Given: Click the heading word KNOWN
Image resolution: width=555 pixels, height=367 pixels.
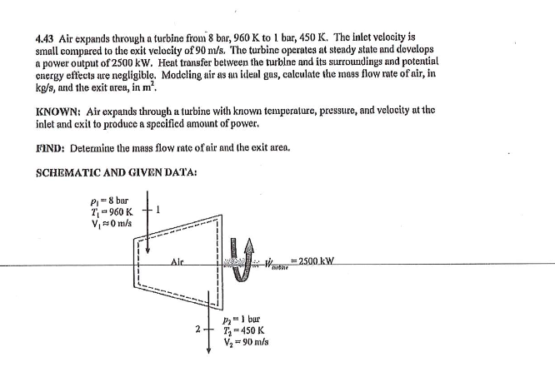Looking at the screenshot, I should (x=58, y=111).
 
